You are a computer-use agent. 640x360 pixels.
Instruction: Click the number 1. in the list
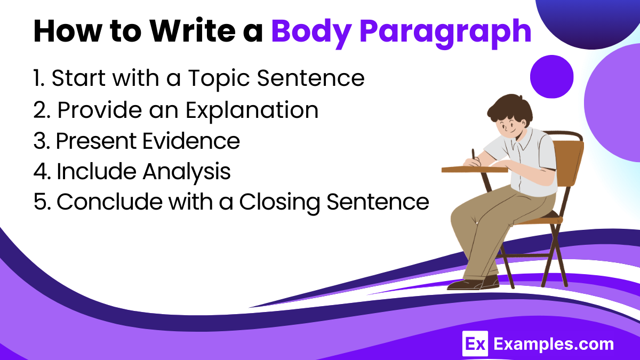pyautogui.click(x=39, y=79)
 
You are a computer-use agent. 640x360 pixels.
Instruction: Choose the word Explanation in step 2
pyautogui.click(x=252, y=110)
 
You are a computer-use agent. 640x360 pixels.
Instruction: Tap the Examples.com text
pyautogui.click(x=553, y=345)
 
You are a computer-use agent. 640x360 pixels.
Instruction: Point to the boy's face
pyautogui.click(x=506, y=126)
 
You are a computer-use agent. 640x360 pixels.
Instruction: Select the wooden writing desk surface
pyautogui.click(x=469, y=170)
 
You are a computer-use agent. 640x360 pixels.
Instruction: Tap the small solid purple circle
pyautogui.click(x=551, y=77)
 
